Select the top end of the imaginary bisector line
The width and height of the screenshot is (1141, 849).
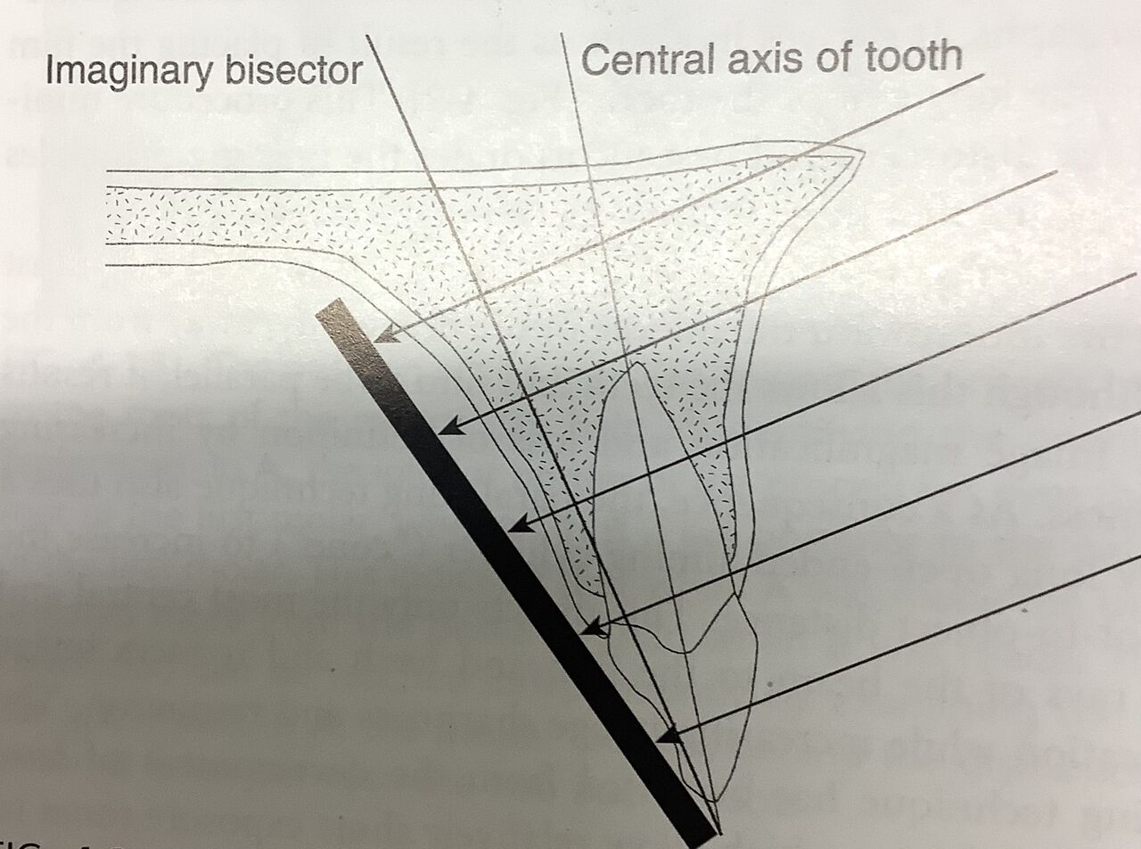click(x=367, y=37)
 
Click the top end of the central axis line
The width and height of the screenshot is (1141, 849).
click(x=562, y=34)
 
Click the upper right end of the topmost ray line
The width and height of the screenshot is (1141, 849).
click(x=981, y=76)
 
